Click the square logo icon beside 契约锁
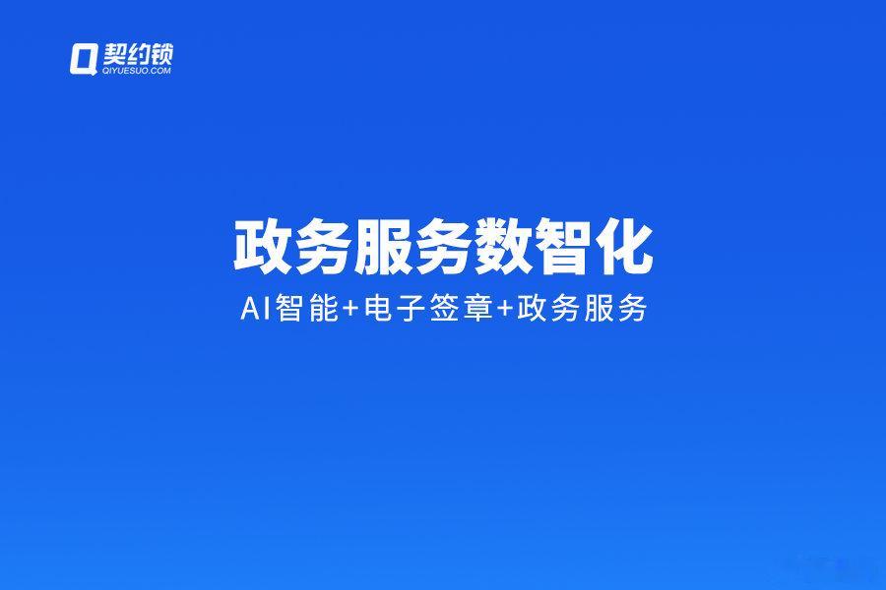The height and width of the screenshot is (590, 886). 83,59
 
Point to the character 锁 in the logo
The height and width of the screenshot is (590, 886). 161,55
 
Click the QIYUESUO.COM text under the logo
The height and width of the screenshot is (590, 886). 137,71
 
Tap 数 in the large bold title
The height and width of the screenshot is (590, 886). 503,247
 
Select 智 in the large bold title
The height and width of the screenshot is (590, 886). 564,247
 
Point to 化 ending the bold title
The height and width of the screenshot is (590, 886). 625,247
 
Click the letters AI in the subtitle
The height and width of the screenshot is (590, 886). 254,310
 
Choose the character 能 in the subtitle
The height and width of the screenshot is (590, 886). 323,310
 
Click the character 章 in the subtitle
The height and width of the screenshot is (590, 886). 478,310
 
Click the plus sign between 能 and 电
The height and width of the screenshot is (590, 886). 350,310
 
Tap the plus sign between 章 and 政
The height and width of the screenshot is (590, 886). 505,310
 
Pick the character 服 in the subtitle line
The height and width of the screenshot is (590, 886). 600,310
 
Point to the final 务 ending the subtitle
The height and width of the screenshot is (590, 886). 633,310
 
